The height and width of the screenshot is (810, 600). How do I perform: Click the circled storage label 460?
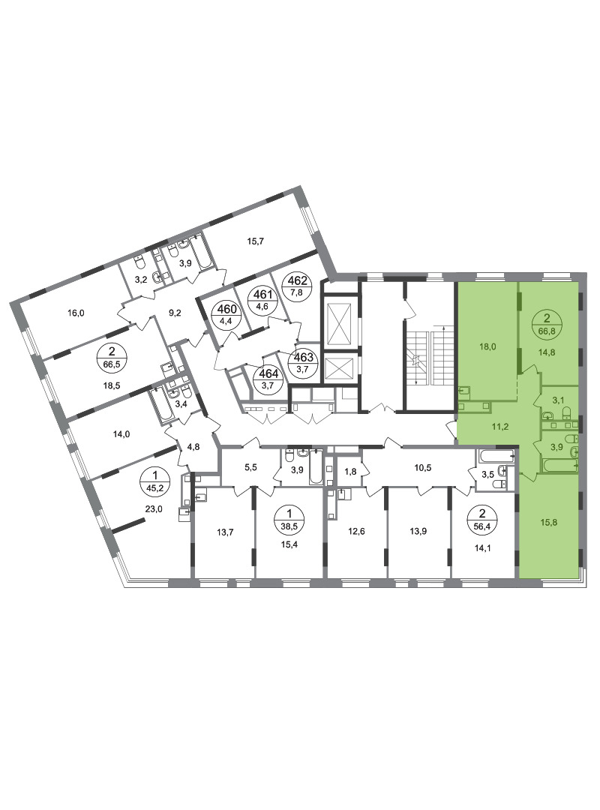226,314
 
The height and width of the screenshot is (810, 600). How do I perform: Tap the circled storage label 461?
260,298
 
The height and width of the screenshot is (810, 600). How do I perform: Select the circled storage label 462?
300,285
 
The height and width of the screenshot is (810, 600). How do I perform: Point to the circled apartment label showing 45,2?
152,478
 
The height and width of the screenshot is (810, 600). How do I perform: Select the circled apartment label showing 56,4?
483,518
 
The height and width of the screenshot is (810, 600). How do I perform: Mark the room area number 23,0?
153,508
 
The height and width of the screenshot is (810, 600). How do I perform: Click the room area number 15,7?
255,241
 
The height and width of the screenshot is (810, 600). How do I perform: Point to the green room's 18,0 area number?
487,346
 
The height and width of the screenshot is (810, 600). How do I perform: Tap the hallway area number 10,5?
423,468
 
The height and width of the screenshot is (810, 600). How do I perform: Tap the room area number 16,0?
76,313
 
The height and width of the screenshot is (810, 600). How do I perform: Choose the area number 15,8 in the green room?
549,522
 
